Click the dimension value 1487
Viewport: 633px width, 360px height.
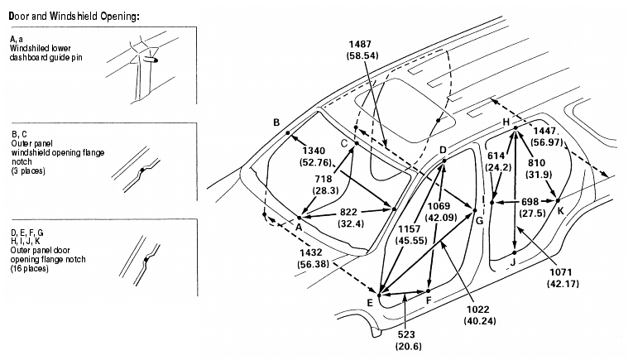[360, 45]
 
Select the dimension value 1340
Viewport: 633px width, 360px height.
[314, 151]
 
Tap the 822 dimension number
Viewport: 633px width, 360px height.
[348, 213]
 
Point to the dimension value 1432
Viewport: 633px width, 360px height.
[311, 252]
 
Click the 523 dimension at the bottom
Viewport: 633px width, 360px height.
[405, 334]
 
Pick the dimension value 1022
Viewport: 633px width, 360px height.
[478, 310]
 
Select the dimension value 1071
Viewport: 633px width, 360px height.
[561, 272]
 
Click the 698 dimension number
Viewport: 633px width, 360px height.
[530, 201]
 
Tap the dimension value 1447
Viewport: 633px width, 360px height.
[544, 131]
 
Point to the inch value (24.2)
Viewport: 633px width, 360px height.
[499, 167]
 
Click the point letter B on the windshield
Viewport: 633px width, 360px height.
[276, 122]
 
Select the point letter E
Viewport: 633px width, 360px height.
[370, 303]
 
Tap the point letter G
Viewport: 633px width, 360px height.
[479, 221]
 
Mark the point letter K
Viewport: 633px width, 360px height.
[561, 211]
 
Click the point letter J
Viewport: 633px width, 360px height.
[513, 262]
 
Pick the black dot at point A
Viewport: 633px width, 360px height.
[300, 218]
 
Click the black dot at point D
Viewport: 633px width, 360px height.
[444, 161]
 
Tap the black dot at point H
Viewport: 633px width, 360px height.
[516, 128]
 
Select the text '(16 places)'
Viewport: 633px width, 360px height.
[30, 268]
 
